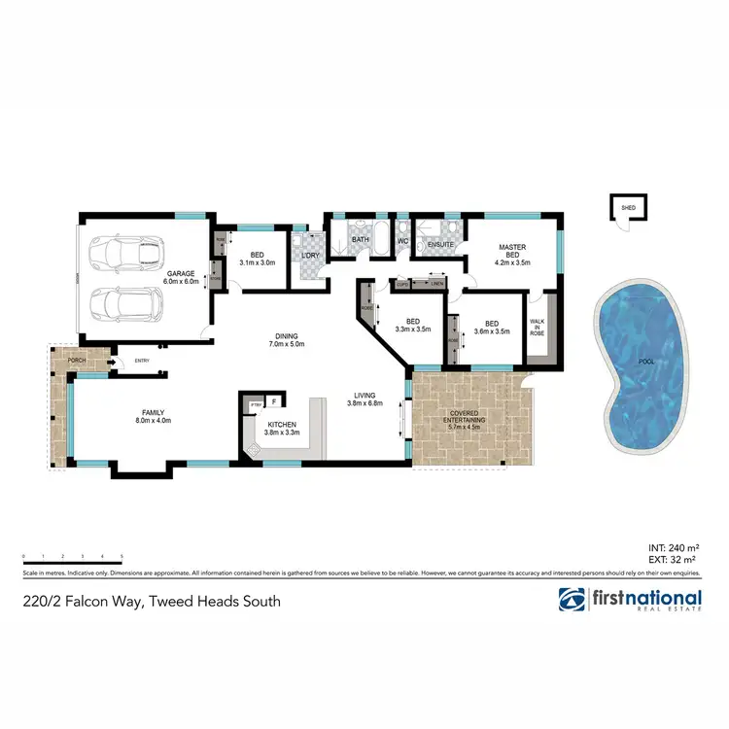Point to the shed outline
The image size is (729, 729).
click(621, 207)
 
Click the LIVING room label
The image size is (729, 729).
click(364, 398)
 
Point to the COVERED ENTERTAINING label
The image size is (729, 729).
click(465, 415)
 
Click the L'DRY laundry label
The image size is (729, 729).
click(311, 255)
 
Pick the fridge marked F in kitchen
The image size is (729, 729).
click(274, 400)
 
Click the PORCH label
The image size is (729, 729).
click(78, 361)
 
